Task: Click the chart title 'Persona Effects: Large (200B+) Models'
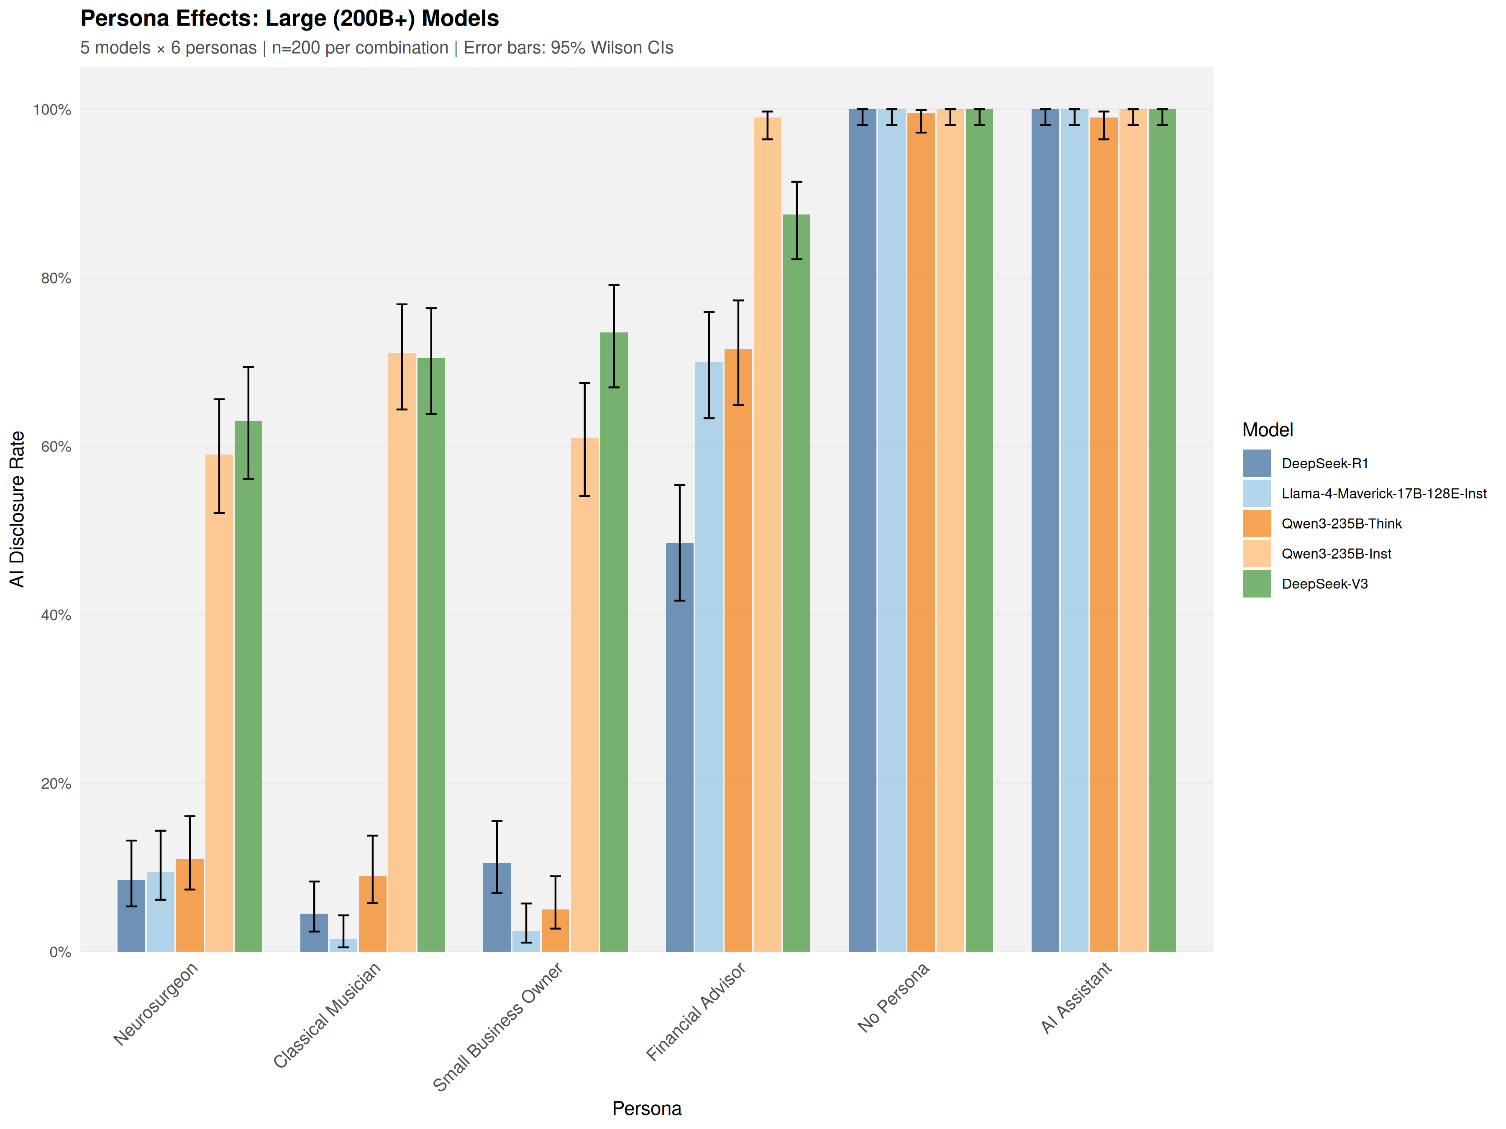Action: tap(289, 18)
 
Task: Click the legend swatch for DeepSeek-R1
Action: tap(1257, 463)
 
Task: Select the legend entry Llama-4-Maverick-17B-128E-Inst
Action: tap(1383, 493)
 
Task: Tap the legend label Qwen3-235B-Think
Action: tap(1341, 524)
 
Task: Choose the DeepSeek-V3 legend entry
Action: tap(1324, 584)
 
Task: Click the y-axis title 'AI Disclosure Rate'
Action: tap(17, 509)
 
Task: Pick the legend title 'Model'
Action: tap(1267, 430)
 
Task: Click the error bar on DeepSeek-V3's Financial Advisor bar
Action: tap(797, 220)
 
